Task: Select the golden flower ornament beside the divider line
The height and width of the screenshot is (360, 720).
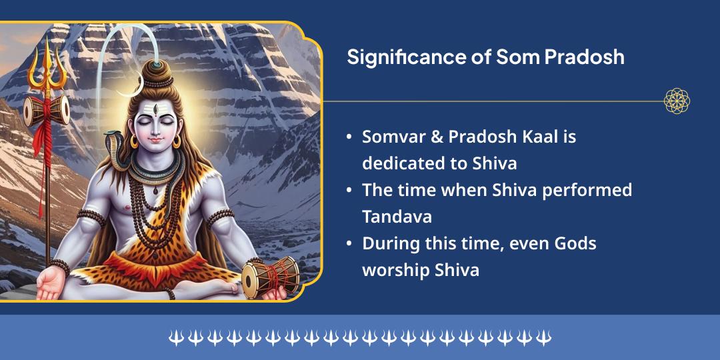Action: (x=677, y=101)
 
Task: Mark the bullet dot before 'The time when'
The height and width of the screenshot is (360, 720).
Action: (x=349, y=191)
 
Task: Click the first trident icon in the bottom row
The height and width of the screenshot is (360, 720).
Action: (x=175, y=338)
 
